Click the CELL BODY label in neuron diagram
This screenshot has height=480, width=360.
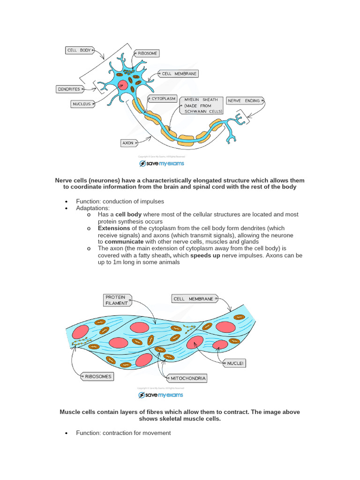point(78,50)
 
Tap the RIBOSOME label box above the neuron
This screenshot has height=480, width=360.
point(146,53)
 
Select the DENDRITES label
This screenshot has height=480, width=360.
point(68,89)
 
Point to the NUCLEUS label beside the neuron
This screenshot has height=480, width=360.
point(81,104)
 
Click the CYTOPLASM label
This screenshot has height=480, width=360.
point(164,99)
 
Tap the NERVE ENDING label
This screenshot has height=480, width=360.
point(243,101)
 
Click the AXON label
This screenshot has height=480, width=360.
point(127,143)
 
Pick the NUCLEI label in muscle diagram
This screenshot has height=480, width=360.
point(235,363)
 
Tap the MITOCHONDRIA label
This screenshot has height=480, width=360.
point(188,378)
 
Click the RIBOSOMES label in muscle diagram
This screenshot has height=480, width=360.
point(98,376)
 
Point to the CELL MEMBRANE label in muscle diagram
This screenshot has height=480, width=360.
point(193,299)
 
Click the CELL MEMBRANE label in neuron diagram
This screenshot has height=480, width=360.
point(179,74)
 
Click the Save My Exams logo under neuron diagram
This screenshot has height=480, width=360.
point(162,164)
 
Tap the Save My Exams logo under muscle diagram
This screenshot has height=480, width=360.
point(162,395)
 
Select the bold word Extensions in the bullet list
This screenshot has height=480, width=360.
point(114,228)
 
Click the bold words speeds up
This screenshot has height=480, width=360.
point(205,255)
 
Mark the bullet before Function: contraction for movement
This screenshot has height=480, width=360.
point(66,433)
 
